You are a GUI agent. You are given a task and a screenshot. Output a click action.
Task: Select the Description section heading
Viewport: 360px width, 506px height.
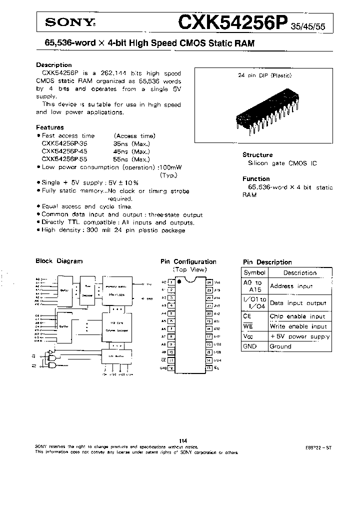click(x=54, y=65)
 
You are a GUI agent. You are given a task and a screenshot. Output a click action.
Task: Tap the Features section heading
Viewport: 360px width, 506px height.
click(x=50, y=127)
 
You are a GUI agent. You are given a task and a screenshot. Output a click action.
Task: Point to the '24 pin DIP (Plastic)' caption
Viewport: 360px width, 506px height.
click(x=264, y=75)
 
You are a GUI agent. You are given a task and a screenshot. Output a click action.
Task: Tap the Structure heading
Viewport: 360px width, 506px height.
click(x=257, y=155)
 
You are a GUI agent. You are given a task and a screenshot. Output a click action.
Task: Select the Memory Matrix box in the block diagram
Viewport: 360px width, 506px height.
click(x=117, y=290)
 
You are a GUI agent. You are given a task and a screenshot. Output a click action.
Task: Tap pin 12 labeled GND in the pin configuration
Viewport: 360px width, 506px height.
click(x=171, y=368)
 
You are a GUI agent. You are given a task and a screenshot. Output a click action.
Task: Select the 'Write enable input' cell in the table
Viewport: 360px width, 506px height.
click(x=298, y=326)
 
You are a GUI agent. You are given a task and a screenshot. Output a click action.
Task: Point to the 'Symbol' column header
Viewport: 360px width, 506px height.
click(x=254, y=273)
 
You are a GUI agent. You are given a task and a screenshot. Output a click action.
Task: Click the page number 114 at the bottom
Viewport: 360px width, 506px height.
click(x=182, y=440)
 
